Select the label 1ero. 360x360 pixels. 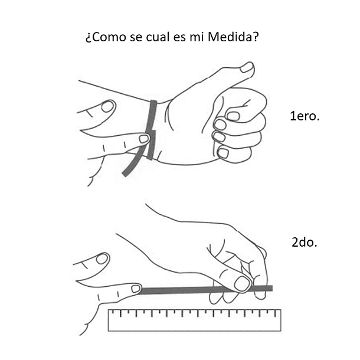305,116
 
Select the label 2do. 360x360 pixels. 305,242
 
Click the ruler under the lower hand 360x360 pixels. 195,320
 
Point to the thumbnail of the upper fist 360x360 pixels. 247,67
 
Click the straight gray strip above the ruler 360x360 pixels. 206,290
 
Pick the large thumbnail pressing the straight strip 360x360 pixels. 243,283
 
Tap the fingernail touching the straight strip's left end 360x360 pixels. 136,289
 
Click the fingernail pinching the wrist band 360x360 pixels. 144,139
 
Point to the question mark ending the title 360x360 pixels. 256,37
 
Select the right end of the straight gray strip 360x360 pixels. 272,289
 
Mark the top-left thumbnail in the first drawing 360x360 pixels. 107,107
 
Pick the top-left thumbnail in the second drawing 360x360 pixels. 102,258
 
